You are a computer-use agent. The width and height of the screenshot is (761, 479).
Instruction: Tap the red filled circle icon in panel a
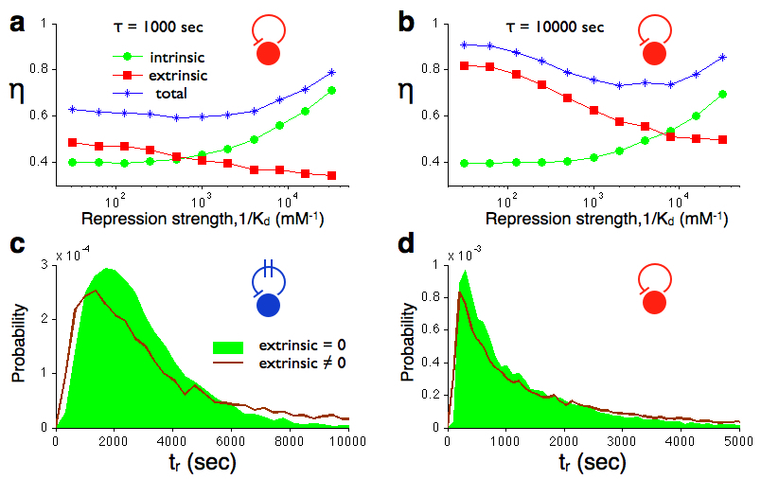pos(268,54)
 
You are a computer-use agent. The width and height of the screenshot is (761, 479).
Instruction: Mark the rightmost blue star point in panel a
pos(331,72)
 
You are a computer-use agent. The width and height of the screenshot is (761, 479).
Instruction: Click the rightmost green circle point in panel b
pos(723,95)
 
